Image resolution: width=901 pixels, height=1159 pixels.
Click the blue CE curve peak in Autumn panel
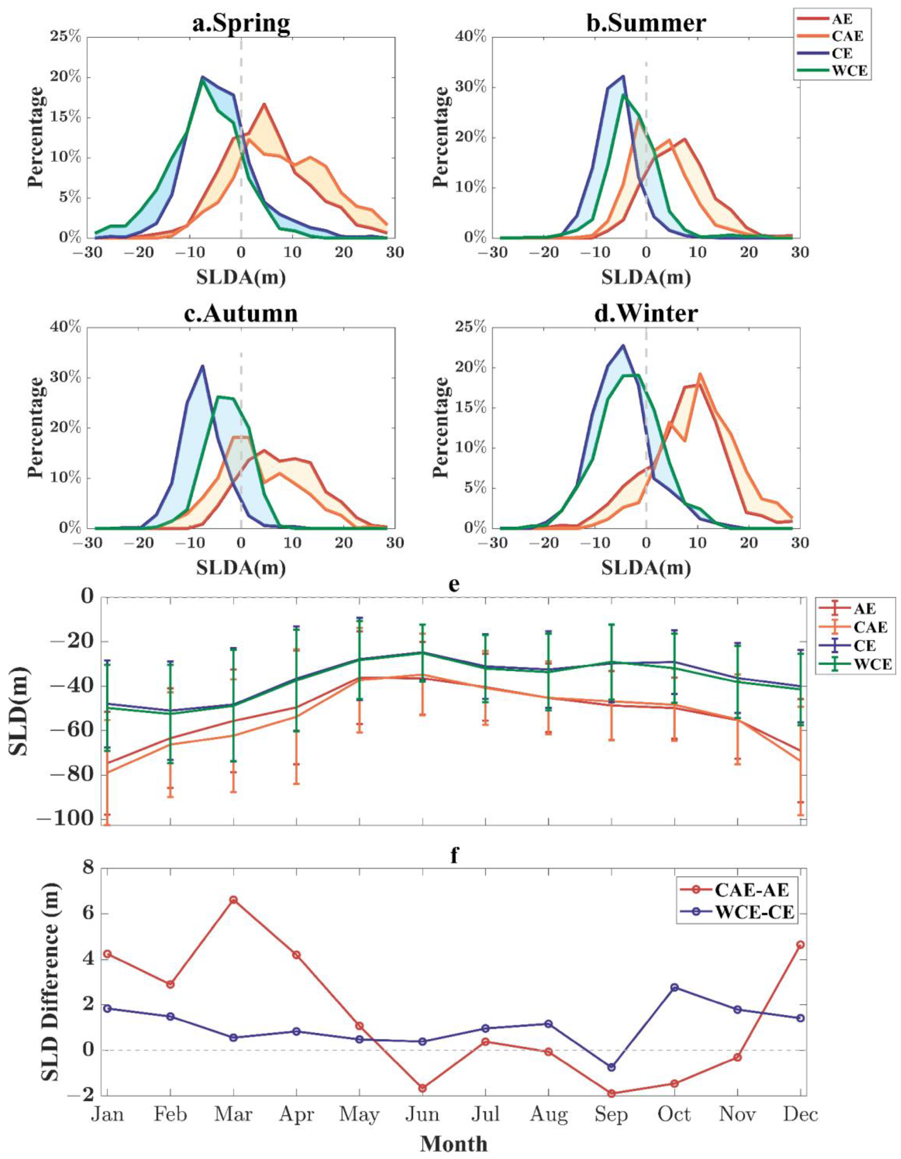pyautogui.click(x=202, y=366)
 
